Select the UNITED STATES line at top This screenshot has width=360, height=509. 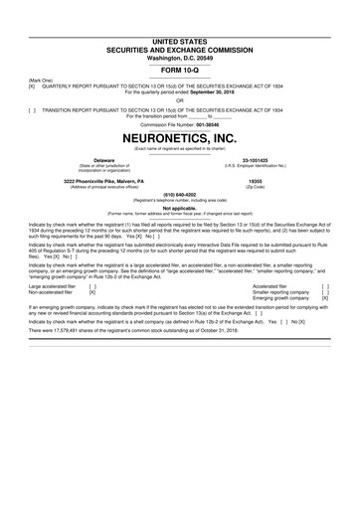point(179,37)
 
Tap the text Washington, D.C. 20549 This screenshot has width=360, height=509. point(179,56)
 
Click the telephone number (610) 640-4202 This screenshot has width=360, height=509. point(179,196)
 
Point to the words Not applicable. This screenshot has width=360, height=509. point(179,208)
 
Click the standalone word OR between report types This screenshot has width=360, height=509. point(179,99)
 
